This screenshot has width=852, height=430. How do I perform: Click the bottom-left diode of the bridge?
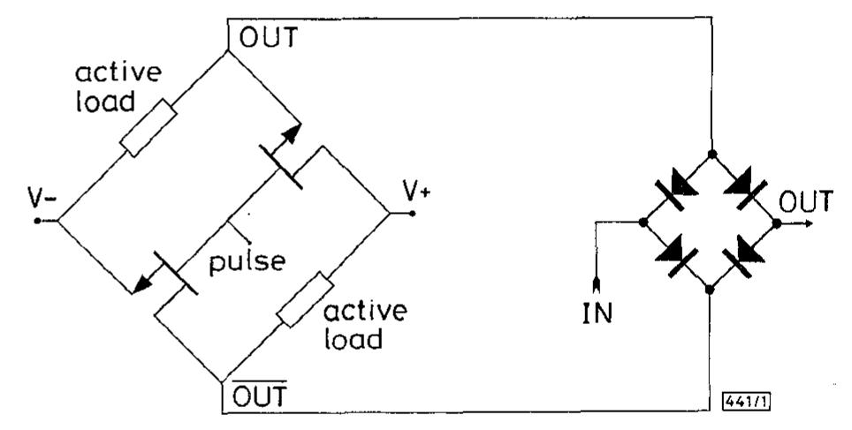[x=679, y=256]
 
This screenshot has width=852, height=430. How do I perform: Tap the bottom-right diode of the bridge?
[x=744, y=256]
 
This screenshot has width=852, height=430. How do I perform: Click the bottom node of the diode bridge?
[x=711, y=288]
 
